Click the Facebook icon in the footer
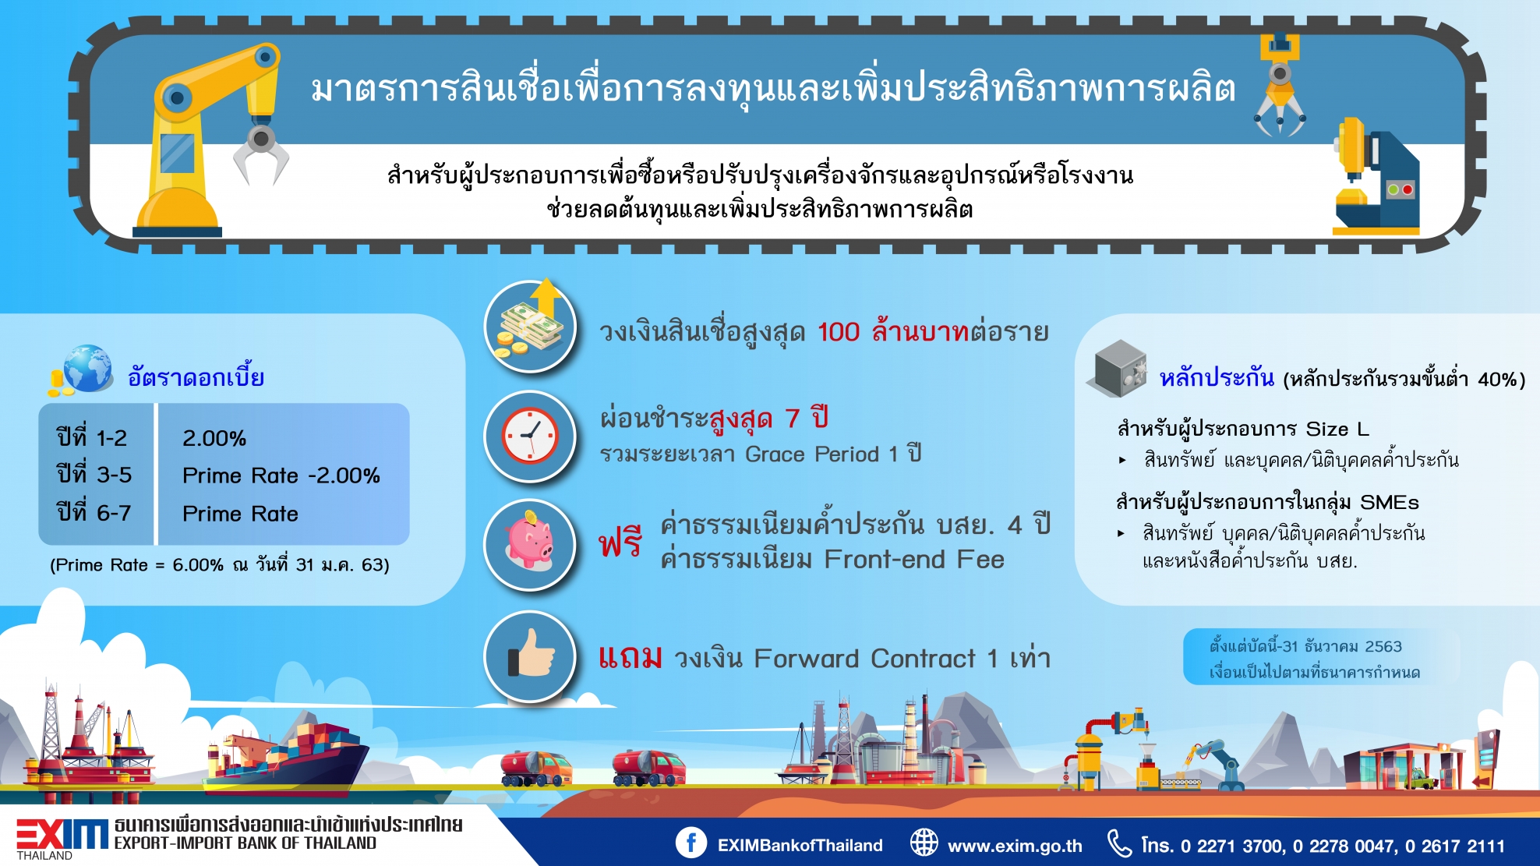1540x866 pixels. (691, 843)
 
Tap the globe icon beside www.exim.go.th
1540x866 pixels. (924, 843)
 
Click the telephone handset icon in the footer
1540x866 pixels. (1119, 843)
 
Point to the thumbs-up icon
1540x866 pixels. (532, 655)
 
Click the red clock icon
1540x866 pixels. (530, 436)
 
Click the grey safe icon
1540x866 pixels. (1118, 368)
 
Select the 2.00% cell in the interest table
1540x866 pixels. (214, 438)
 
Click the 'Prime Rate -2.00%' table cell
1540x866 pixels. (281, 475)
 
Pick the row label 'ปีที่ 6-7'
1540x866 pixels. (94, 512)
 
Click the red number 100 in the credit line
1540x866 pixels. (839, 332)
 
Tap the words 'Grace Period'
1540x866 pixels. (812, 454)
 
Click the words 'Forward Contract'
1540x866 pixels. (864, 659)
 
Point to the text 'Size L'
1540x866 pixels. (1337, 429)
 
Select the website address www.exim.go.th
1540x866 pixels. (1015, 846)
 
